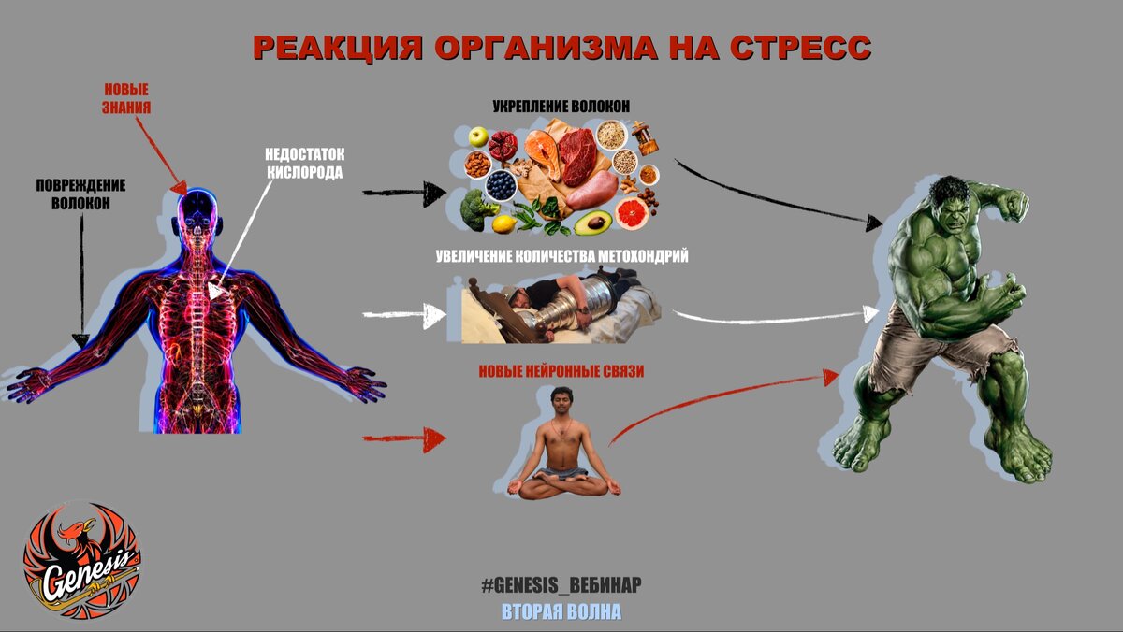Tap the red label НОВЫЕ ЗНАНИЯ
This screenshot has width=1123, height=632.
pos(126,99)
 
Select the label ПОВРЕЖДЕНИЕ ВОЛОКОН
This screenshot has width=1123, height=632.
pos(81,194)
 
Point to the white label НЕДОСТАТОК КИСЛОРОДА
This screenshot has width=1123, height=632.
pos(304,164)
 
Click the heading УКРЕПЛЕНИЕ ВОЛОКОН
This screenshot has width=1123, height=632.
pos(561,107)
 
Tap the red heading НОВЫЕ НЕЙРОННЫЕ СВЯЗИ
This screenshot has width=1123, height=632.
pos(561,371)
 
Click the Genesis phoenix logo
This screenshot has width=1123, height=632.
pos(81,561)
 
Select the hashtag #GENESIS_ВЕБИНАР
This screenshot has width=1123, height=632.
pos(561,586)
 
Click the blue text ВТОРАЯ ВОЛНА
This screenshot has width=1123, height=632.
pos(561,612)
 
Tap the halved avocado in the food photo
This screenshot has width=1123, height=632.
pos(592,223)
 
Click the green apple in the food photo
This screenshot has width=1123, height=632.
pos(478,137)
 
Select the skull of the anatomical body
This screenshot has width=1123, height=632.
pos(198,211)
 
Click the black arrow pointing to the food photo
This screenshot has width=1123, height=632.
pos(403,194)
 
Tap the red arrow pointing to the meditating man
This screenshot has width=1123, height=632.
pos(403,438)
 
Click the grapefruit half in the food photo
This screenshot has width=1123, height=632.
pos(633,214)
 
